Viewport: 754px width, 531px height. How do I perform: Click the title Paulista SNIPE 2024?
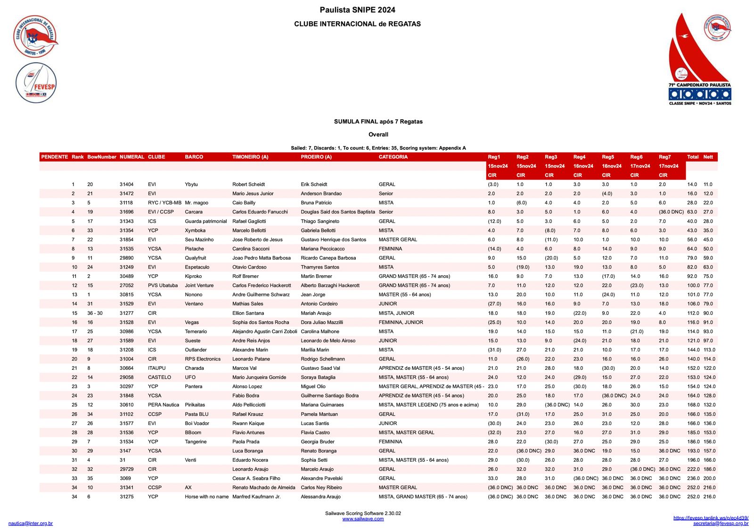pos(357,10)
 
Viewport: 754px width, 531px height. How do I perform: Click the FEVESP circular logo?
pos(36,83)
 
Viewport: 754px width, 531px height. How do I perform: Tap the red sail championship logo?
pos(699,59)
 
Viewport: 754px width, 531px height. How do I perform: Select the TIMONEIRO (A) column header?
pos(250,157)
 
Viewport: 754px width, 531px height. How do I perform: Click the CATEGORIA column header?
pos(393,157)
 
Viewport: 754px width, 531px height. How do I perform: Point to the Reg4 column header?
pos(579,157)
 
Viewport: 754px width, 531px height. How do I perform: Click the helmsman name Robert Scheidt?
pos(248,184)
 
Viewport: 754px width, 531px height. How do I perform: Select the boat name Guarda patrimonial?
pos(205,221)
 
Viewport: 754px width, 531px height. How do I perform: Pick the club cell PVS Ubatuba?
pos(163,286)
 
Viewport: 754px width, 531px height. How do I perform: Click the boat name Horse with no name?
pos(206,497)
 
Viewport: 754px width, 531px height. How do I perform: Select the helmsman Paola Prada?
pos(246,441)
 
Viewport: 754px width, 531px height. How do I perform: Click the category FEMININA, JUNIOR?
pos(401,322)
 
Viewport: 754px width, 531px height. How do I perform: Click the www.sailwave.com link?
pos(363,519)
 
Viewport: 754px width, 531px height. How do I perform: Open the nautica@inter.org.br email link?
pos(31,523)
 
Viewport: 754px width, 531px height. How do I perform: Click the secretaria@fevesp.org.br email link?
pos(721,523)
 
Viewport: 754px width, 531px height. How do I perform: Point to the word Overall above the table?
pos(378,134)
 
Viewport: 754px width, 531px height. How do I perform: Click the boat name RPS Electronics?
pos(203,359)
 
